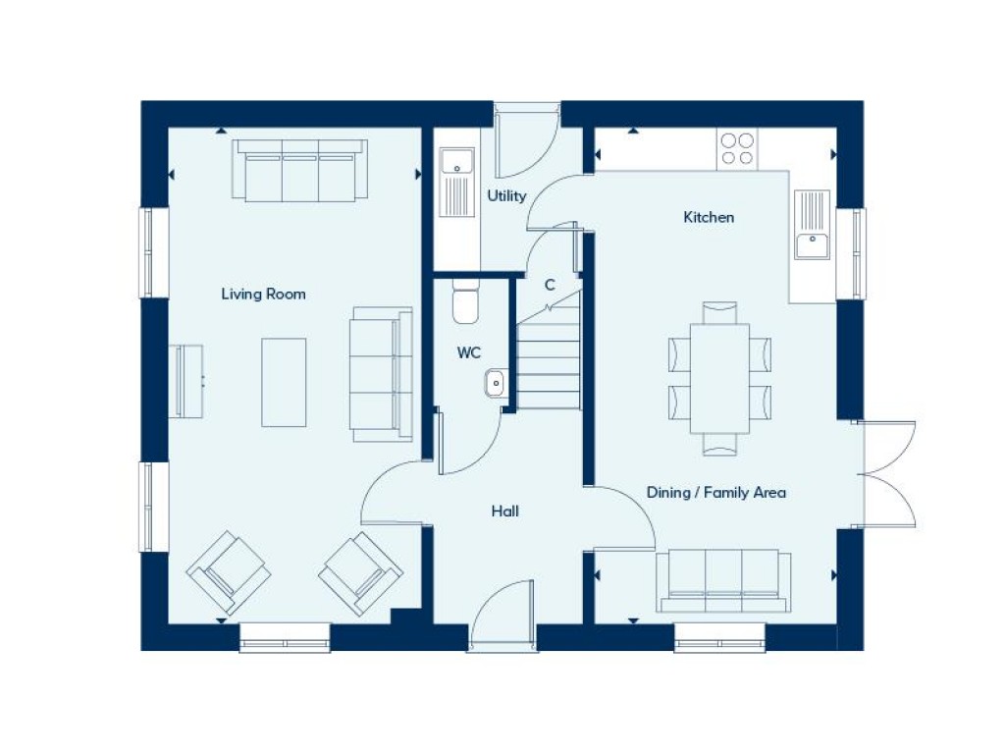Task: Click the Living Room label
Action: pos(263,294)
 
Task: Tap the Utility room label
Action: pos(506,196)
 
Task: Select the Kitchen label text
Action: pos(709,217)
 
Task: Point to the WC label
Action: pos(468,352)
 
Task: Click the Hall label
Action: pos(505,512)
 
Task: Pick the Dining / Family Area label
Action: pos(716,493)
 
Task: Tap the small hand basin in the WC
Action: pos(495,382)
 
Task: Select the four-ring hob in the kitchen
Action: pos(736,148)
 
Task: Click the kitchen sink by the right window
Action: pos(812,226)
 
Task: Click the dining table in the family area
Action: pos(719,378)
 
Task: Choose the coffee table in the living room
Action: pos(284,382)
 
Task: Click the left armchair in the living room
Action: pos(229,572)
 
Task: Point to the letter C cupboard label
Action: pos(550,285)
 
